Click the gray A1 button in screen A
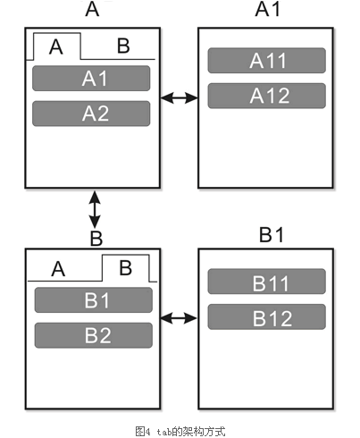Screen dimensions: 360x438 (x=91, y=79)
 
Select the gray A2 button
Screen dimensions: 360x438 (x=91, y=114)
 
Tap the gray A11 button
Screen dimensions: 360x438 (x=267, y=61)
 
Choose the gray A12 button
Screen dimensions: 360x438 (x=267, y=96)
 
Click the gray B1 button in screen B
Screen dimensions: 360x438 (x=94, y=300)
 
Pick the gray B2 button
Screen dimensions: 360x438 (x=94, y=335)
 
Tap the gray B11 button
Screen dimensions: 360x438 (x=267, y=282)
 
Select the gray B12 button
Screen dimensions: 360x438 (x=267, y=316)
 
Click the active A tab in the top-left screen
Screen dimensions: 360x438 (x=57, y=46)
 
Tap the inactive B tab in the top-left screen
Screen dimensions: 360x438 (x=123, y=46)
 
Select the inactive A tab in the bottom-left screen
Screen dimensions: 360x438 (x=58, y=269)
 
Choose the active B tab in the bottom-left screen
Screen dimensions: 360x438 (x=125, y=267)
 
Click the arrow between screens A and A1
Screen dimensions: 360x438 (x=179, y=97)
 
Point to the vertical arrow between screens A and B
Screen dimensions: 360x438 (x=95, y=209)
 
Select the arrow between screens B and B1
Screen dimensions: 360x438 (x=179, y=318)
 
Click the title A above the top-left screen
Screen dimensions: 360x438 (x=92, y=9)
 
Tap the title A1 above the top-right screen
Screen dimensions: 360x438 (x=268, y=9)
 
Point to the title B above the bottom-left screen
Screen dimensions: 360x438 (x=96, y=238)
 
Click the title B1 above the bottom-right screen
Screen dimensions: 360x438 (x=272, y=234)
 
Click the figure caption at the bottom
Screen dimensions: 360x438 (x=180, y=432)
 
